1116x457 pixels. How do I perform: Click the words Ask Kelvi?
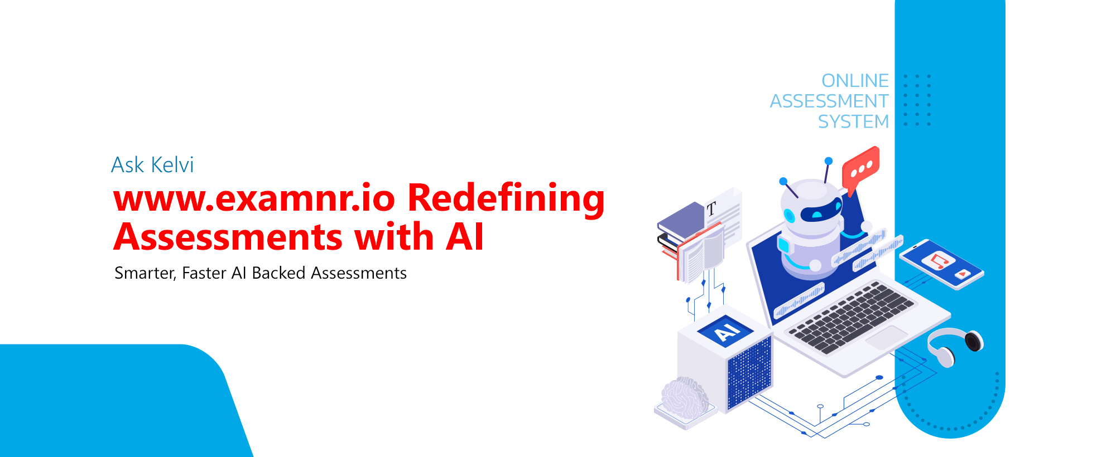pyautogui.click(x=152, y=165)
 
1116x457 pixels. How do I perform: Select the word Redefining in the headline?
pyautogui.click(x=506, y=200)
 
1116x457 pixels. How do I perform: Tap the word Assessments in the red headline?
pyautogui.click(x=228, y=237)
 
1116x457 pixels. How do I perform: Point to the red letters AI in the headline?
pyautogui.click(x=465, y=237)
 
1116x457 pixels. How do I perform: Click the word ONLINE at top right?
pyautogui.click(x=855, y=81)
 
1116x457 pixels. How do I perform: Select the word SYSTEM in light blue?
pyautogui.click(x=853, y=121)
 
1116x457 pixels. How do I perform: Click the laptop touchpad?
pyautogui.click(x=887, y=338)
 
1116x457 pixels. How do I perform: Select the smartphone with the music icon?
pyautogui.click(x=941, y=264)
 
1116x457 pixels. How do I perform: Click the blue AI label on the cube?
pyautogui.click(x=726, y=330)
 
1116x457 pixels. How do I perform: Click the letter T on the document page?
pyautogui.click(x=711, y=210)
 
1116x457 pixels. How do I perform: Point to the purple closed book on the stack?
pyautogui.click(x=681, y=221)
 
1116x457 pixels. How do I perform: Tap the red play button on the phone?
pyautogui.click(x=962, y=274)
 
